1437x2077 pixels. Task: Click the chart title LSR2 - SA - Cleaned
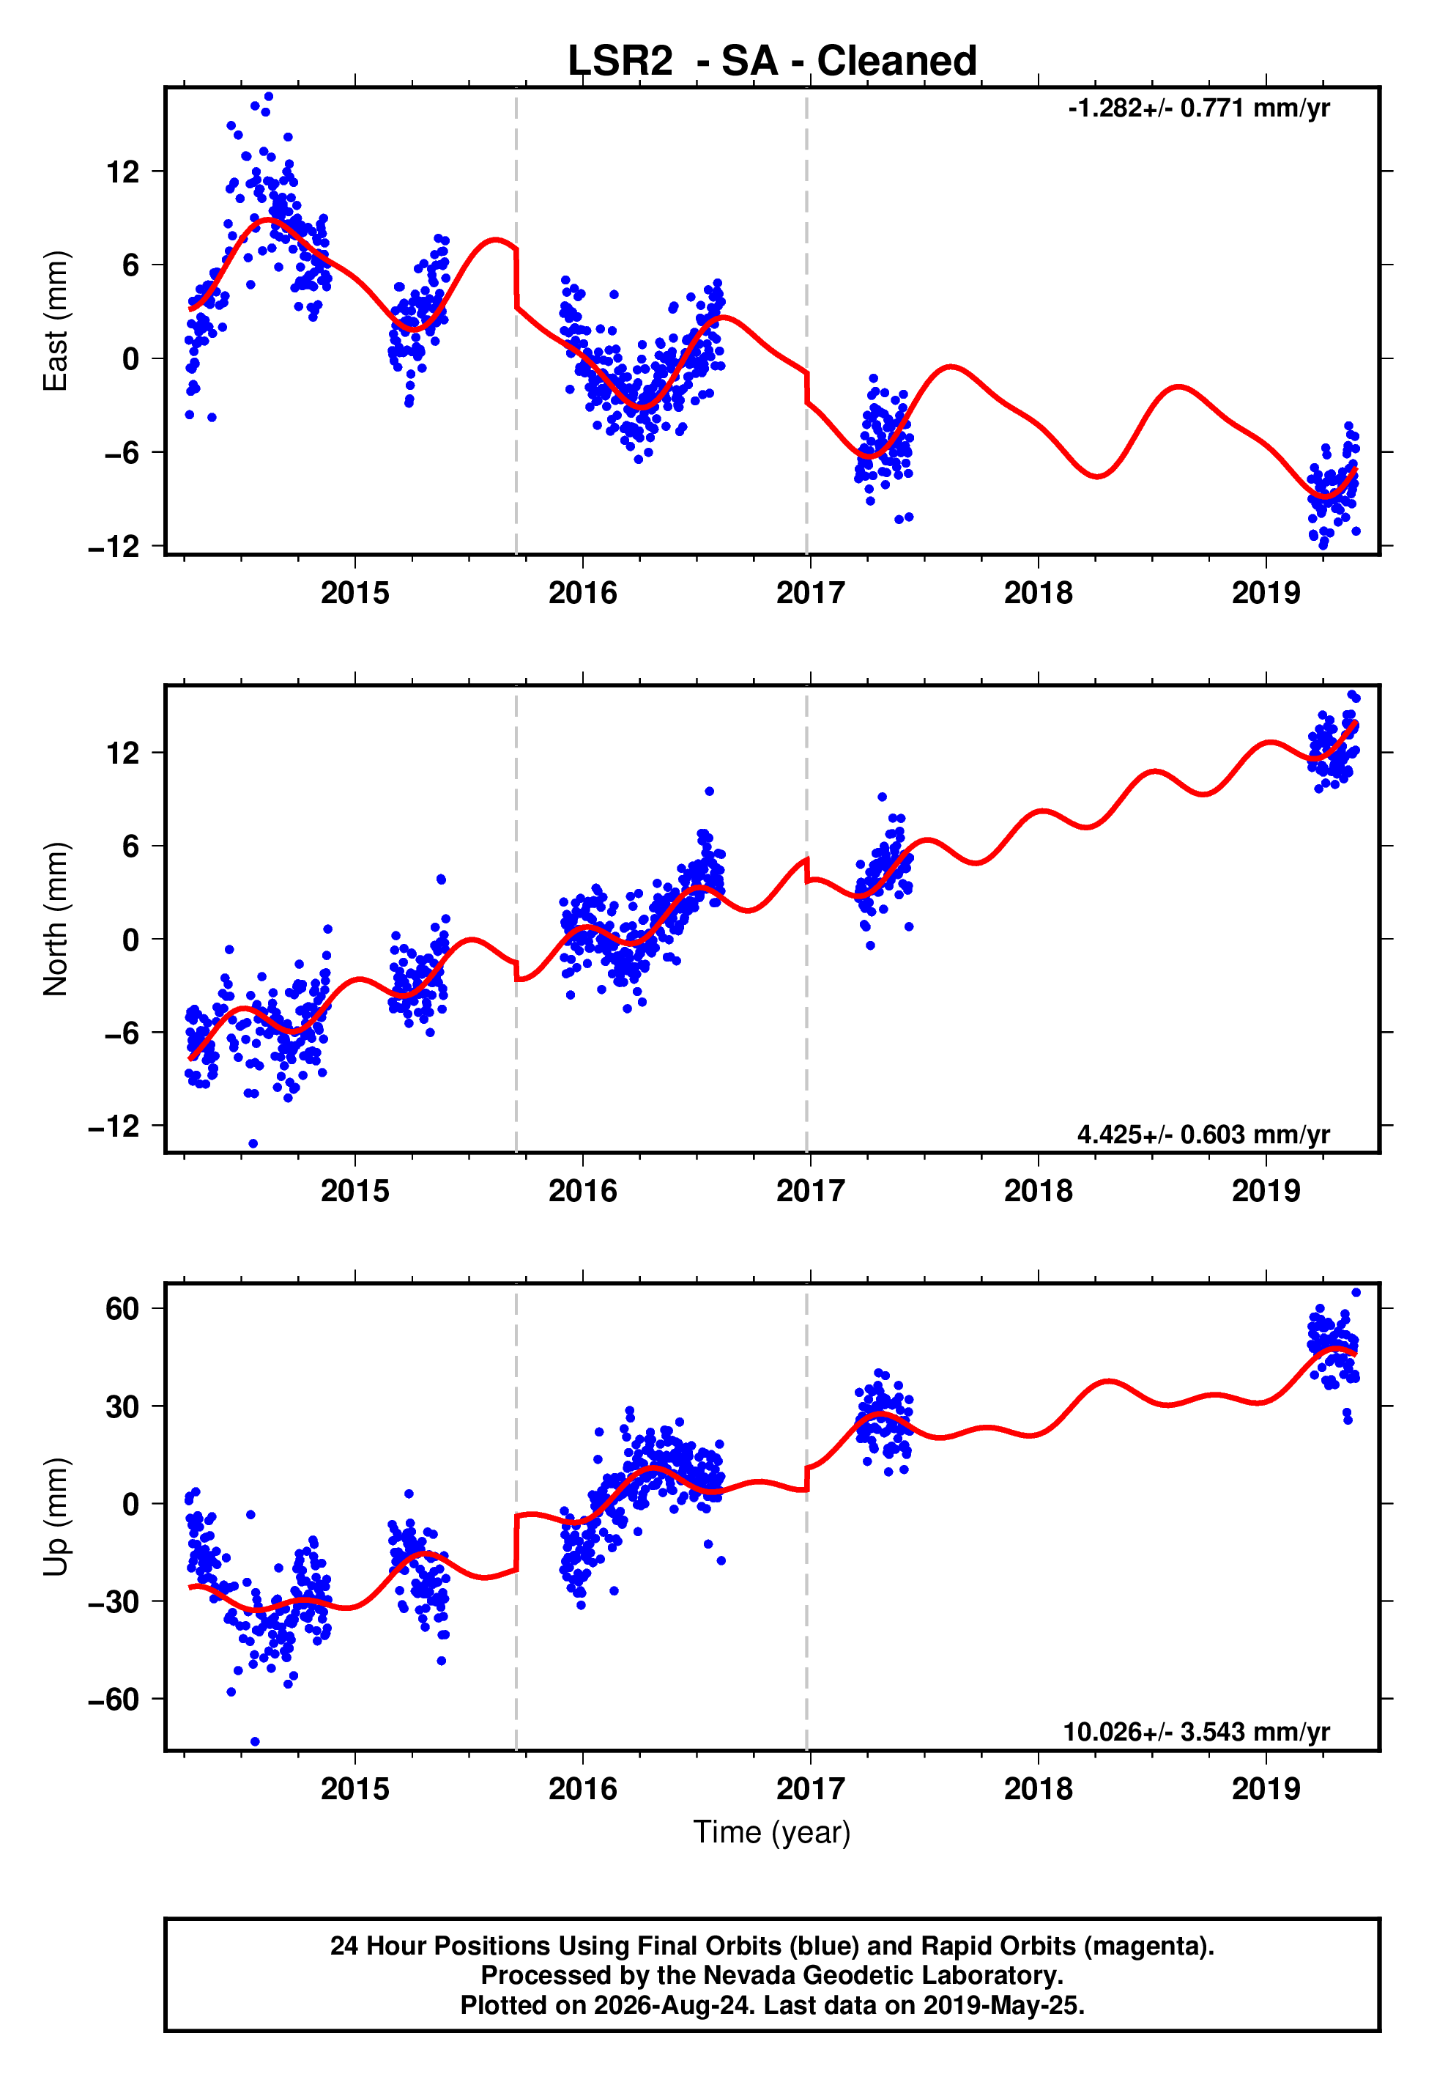point(772,62)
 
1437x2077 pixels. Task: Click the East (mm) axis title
point(56,321)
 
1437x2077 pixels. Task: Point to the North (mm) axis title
point(56,919)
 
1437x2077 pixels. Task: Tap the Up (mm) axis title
point(56,1517)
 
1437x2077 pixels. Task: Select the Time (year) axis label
point(772,1832)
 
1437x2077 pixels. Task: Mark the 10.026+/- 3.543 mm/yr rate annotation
point(1196,1732)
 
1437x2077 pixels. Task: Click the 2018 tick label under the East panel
point(1038,594)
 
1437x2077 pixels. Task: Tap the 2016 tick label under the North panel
point(582,1192)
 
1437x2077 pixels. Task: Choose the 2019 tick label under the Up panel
point(1266,1789)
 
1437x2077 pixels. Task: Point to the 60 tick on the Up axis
point(122,1309)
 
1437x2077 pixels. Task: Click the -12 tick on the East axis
point(114,546)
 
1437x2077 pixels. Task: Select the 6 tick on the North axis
point(131,846)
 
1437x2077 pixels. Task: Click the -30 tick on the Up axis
point(114,1601)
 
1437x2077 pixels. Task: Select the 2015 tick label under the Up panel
point(354,1789)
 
